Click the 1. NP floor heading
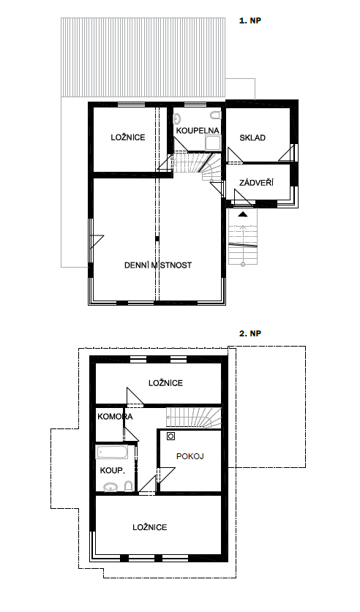click(250, 20)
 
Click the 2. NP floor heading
click(250, 333)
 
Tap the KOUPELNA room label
click(198, 130)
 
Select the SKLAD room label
click(252, 137)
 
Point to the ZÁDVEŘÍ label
click(256, 182)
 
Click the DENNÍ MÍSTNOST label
click(158, 265)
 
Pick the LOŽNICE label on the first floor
click(127, 137)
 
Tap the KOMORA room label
click(115, 417)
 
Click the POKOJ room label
click(190, 456)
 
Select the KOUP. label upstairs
click(113, 470)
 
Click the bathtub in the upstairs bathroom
click(112, 453)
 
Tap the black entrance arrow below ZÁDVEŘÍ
click(243, 214)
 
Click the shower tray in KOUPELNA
click(213, 143)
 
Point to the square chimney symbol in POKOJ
click(170, 436)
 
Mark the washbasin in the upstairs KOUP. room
click(111, 487)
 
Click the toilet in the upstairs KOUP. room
click(128, 486)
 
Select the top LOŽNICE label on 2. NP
click(165, 383)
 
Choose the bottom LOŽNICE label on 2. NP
click(150, 527)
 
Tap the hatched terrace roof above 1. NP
click(143, 57)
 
